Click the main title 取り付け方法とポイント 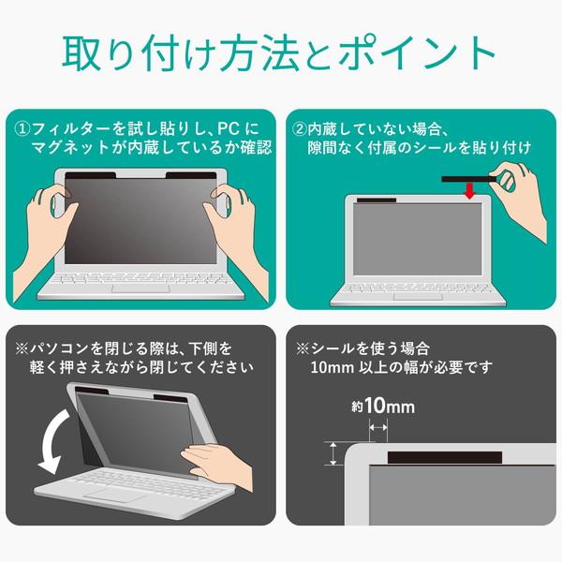(281, 53)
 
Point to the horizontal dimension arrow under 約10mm (378, 426)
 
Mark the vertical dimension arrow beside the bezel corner (333, 453)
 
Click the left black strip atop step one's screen (90, 175)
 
